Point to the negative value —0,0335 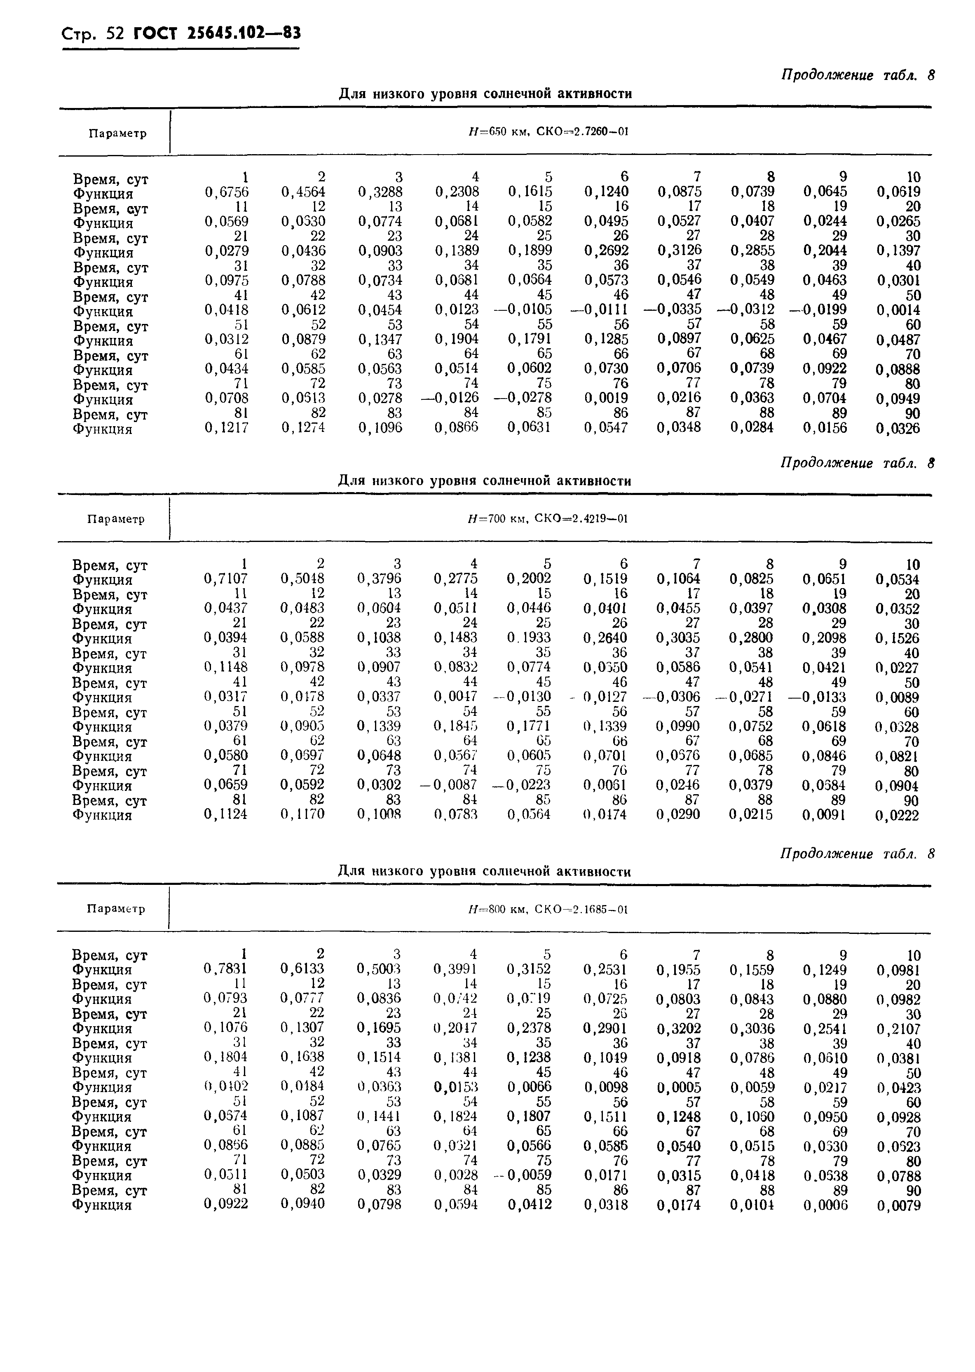[673, 309]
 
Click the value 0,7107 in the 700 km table [226, 579]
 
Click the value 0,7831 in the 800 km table [226, 969]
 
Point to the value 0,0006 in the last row [825, 1205]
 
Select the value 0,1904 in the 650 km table [456, 339]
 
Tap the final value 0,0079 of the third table [898, 1205]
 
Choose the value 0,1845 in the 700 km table [456, 726]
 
